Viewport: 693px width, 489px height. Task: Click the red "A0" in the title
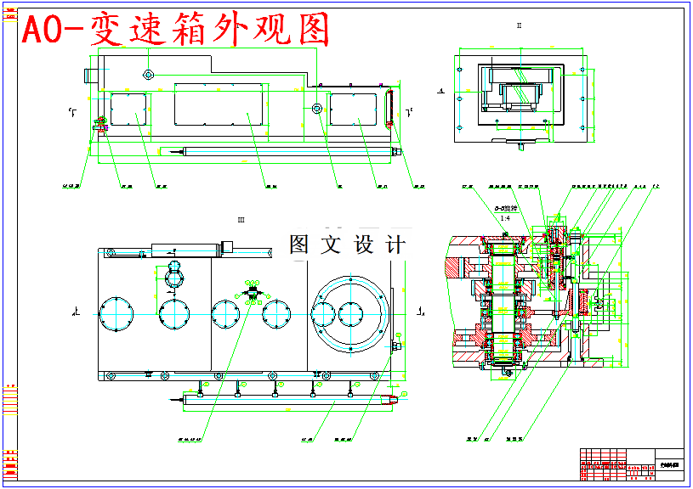click(x=43, y=31)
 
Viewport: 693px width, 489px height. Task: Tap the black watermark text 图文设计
click(x=347, y=244)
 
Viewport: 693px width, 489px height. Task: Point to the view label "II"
click(x=519, y=25)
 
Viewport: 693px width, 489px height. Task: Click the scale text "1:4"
click(x=504, y=219)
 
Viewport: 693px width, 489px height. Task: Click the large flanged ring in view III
click(x=350, y=313)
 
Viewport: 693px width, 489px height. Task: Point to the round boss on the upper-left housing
click(x=148, y=75)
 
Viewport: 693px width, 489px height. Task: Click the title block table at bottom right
click(x=631, y=464)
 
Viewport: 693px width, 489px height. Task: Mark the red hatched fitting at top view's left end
click(x=99, y=124)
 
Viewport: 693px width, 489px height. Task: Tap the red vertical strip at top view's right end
click(x=390, y=105)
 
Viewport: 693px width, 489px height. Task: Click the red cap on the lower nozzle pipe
click(x=392, y=398)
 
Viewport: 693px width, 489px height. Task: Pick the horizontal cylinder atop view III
click(x=185, y=249)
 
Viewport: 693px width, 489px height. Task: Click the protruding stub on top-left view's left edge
click(x=88, y=75)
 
